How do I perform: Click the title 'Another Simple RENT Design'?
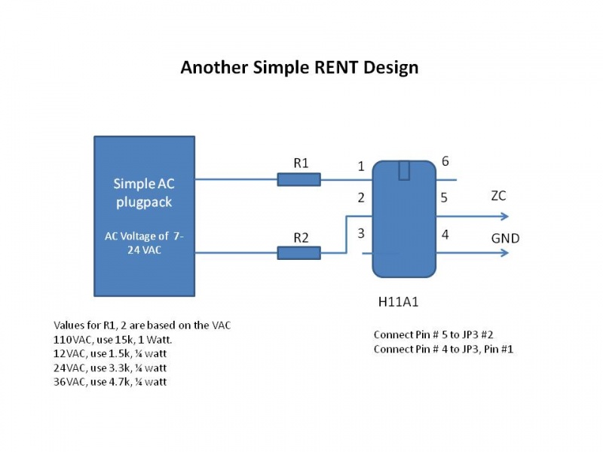click(x=299, y=67)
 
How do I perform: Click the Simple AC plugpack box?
click(x=144, y=215)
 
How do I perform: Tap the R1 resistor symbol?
click(x=298, y=179)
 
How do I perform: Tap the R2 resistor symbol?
click(x=298, y=253)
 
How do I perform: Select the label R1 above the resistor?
click(x=301, y=162)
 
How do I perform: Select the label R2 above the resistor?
click(x=301, y=237)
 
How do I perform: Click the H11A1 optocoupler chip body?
click(x=404, y=218)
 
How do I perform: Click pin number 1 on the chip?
click(x=361, y=166)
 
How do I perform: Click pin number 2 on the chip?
click(x=361, y=198)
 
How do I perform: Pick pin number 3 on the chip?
click(x=361, y=234)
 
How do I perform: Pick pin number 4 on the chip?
click(x=445, y=234)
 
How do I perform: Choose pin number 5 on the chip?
click(x=445, y=198)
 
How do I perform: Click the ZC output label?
click(x=498, y=196)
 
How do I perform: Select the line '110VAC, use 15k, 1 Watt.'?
click(x=118, y=340)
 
